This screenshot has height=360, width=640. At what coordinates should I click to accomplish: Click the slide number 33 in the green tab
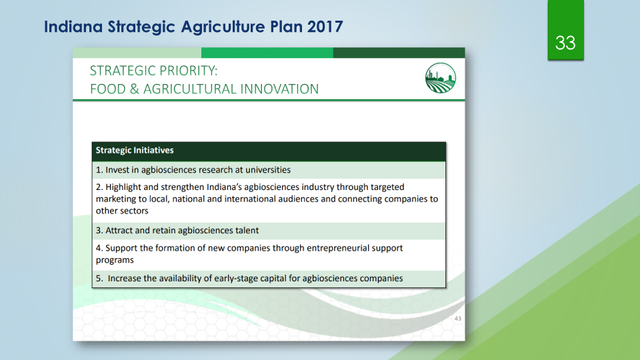click(565, 43)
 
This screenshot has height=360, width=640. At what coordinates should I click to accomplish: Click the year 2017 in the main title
click(325, 27)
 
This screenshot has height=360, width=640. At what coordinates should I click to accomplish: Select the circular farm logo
click(441, 78)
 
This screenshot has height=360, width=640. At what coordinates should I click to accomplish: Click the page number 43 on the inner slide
click(457, 319)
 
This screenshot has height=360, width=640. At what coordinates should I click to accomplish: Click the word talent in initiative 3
click(247, 230)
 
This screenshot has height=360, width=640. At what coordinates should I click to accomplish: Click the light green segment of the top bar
click(137, 53)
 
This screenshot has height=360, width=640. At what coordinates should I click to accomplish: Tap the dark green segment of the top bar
click(399, 53)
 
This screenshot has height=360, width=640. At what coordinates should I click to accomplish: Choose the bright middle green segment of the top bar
click(267, 53)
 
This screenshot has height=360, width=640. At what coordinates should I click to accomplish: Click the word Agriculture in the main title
click(223, 27)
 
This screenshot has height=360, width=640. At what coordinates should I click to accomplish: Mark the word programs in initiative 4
click(115, 261)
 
